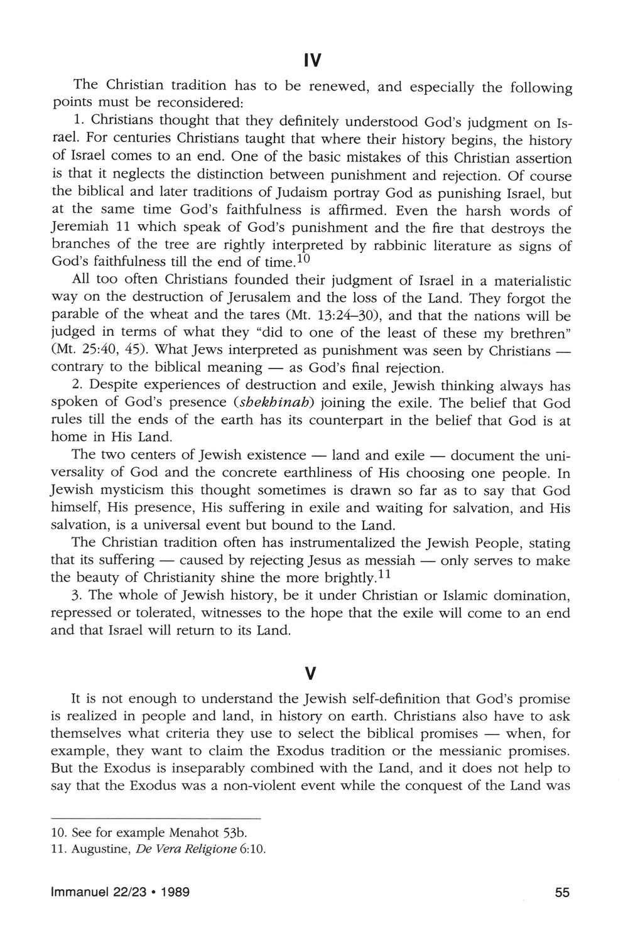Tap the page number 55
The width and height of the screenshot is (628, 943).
[x=562, y=910]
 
